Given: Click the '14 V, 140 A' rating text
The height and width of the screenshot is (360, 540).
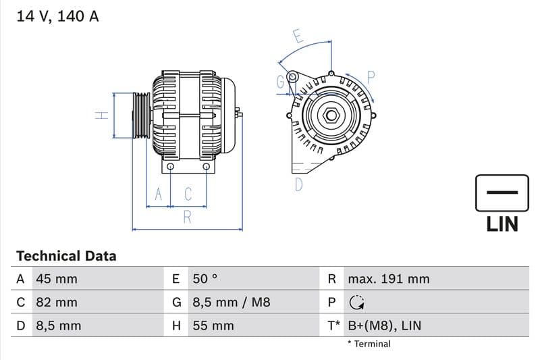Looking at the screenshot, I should pyautogui.click(x=57, y=17).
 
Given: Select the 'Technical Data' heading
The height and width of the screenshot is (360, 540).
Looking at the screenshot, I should pyautogui.click(x=66, y=256).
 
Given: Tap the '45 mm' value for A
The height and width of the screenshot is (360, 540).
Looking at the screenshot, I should pyautogui.click(x=56, y=279).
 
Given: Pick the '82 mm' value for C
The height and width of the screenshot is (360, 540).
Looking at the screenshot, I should pyautogui.click(x=56, y=302).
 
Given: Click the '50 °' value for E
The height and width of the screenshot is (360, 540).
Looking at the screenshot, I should pyautogui.click(x=205, y=279).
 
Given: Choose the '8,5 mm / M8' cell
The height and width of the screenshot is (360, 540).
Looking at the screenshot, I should pyautogui.click(x=231, y=302).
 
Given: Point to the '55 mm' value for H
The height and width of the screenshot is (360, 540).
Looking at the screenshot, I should pyautogui.click(x=213, y=326).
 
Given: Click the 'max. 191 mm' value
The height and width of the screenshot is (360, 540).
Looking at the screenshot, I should pyautogui.click(x=388, y=279).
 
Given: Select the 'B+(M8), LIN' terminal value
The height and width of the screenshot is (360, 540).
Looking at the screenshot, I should pyautogui.click(x=384, y=326).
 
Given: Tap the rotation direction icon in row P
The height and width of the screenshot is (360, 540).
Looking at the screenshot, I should pyautogui.click(x=356, y=303).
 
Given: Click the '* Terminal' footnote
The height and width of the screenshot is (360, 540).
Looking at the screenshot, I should pyautogui.click(x=369, y=344).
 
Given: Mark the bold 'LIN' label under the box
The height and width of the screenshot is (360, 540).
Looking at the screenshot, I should pyautogui.click(x=502, y=224).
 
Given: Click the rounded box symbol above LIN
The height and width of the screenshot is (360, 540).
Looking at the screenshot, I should pyautogui.click(x=502, y=192).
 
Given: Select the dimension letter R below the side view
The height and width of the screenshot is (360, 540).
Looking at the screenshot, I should pyautogui.click(x=187, y=217).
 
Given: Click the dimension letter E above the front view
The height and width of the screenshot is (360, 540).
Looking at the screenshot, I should pyautogui.click(x=298, y=36).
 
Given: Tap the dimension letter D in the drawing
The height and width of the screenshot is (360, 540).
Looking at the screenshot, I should pyautogui.click(x=299, y=184).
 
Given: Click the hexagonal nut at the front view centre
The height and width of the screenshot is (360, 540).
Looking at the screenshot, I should pyautogui.click(x=331, y=115).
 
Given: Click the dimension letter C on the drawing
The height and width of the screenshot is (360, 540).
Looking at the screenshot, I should pyautogui.click(x=188, y=195).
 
